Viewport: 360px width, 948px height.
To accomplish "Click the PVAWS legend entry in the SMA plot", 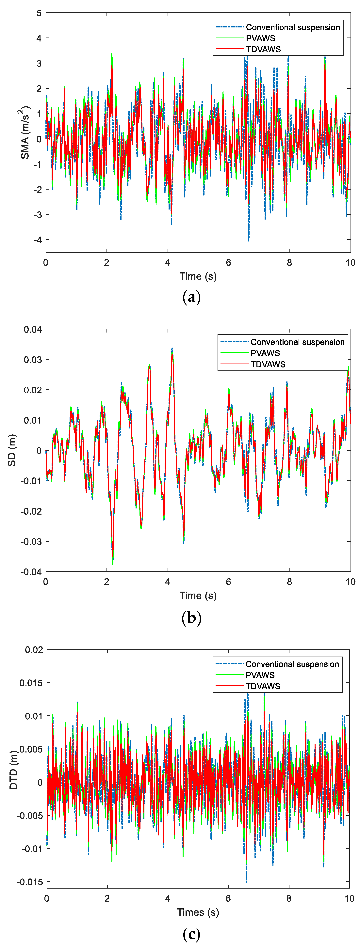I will coord(260,38).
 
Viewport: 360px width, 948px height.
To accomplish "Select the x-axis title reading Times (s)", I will coord(198,912).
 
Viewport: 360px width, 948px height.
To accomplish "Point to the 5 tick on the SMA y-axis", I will coord(39,13).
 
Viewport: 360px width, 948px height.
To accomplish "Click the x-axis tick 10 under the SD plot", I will coord(350,582).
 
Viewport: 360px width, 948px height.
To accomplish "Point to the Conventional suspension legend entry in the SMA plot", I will coord(293,27).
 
